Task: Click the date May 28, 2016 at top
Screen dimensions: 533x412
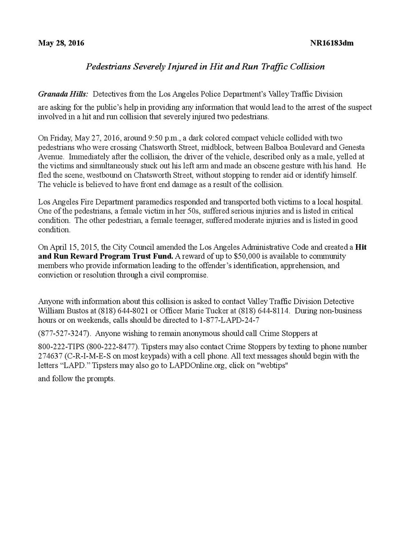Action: coord(61,43)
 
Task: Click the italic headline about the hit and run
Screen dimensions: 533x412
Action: coord(205,67)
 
